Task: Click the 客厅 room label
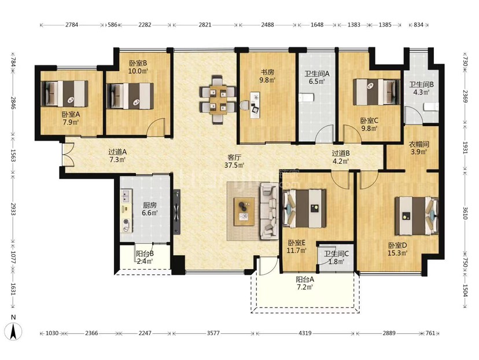(x=234, y=157)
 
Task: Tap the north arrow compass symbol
(x=14, y=331)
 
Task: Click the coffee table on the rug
(x=244, y=211)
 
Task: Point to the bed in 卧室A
(x=64, y=94)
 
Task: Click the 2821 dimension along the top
(x=205, y=25)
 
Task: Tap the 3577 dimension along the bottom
(x=213, y=333)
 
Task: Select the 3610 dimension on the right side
(x=465, y=213)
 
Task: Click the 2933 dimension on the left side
(x=13, y=209)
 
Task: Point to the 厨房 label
(x=149, y=205)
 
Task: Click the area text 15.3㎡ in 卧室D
(x=397, y=253)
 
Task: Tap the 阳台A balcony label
(x=305, y=279)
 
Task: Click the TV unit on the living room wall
(x=176, y=212)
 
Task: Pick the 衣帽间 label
(x=418, y=144)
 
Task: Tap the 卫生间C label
(x=336, y=254)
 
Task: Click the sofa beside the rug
(x=269, y=211)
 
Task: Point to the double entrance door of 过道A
(x=66, y=155)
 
